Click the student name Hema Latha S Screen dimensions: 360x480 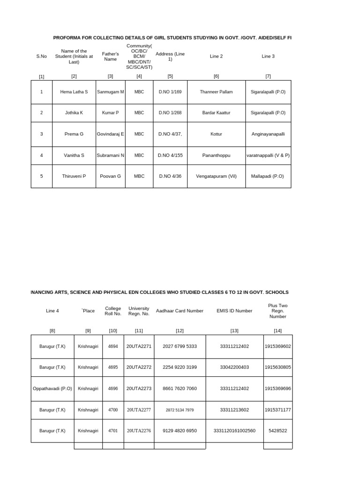[74, 92]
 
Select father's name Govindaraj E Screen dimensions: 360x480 [110, 134]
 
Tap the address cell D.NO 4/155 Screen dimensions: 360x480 [170, 155]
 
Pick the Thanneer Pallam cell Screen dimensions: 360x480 [216, 92]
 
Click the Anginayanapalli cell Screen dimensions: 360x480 [268, 134]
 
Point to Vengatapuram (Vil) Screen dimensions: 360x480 [216, 176]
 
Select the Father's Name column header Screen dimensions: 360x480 [110, 57]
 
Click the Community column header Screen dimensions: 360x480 [139, 57]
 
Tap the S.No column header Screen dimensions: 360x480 [42, 56]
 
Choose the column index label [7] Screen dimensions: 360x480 [268, 76]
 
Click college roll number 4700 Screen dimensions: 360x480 [113, 410]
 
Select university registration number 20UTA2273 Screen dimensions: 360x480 [139, 389]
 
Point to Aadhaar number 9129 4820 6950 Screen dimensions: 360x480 [180, 431]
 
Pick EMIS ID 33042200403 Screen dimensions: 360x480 [234, 367]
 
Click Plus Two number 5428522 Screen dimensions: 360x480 [277, 431]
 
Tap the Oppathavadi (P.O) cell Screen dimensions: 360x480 [52, 389]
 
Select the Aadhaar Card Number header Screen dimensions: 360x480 [180, 311]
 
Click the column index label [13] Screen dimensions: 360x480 [234, 330]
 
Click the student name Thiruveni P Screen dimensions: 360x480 [74, 176]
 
